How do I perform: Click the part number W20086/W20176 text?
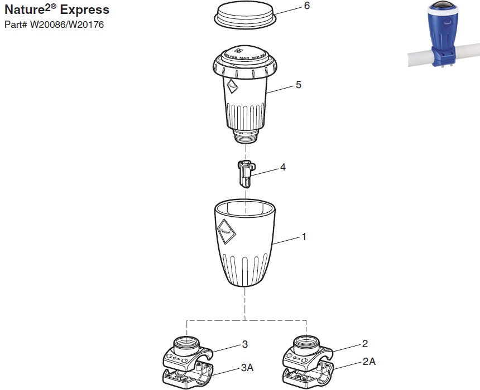54,25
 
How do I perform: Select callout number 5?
298,85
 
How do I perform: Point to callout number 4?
283,167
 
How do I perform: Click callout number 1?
304,237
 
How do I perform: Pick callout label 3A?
247,368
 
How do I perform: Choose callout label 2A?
369,362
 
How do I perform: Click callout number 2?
365,344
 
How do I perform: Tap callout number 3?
244,344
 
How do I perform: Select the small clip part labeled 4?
245,174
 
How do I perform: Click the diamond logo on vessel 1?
226,229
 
